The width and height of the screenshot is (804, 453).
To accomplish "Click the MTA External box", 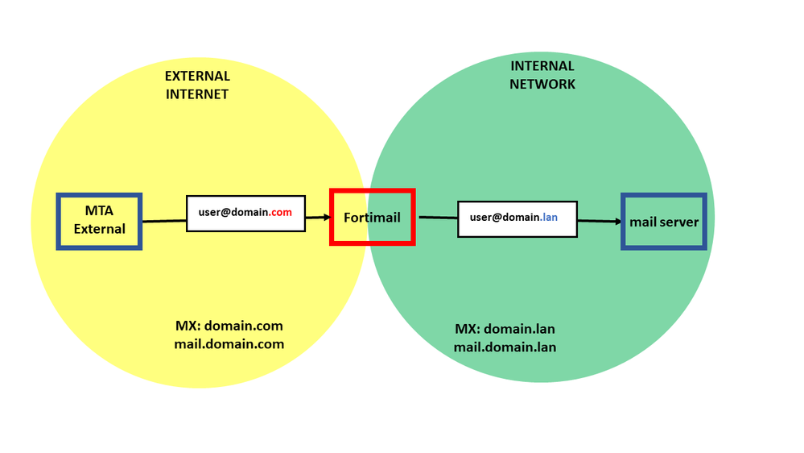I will [x=99, y=221].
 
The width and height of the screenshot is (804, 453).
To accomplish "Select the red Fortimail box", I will [x=373, y=217].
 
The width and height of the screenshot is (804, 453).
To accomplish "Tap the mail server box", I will [x=664, y=222].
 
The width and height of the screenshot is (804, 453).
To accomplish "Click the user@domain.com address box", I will [x=245, y=214].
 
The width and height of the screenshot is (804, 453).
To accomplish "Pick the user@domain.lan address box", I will [x=517, y=218].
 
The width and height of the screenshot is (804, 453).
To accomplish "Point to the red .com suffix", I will [x=280, y=213].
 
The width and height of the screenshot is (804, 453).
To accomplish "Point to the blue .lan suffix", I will [x=549, y=218].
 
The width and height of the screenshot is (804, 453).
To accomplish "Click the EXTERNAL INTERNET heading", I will [x=197, y=85].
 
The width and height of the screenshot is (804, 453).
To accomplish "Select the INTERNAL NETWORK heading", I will [x=542, y=75].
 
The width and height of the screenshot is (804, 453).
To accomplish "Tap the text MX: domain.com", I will [x=229, y=326].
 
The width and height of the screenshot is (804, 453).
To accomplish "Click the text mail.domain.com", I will [x=229, y=344].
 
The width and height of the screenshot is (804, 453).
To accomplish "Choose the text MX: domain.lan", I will [x=505, y=329].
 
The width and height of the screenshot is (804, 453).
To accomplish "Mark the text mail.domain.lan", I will [x=505, y=347].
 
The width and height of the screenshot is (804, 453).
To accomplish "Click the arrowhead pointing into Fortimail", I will [x=327, y=217].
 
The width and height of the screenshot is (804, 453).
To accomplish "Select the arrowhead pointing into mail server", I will [x=617, y=221].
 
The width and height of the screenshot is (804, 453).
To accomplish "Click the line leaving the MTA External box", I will [x=163, y=220].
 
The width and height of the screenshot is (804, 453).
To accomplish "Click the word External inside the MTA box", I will [x=100, y=229].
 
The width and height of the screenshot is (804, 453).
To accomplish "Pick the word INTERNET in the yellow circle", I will [x=197, y=94].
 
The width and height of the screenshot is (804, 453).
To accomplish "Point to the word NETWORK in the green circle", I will [x=542, y=84].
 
